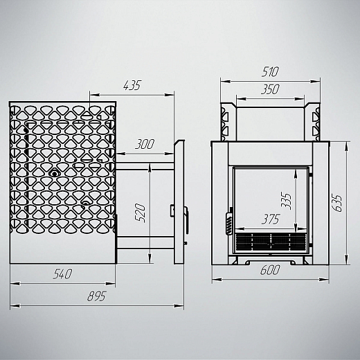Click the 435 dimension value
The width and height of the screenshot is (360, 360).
pyautogui.click(x=132, y=86)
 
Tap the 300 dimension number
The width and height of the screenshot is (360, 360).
pyautogui.click(x=145, y=144)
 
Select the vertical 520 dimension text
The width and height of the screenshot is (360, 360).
pyautogui.click(x=141, y=213)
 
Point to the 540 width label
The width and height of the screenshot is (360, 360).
pyautogui.click(x=62, y=274)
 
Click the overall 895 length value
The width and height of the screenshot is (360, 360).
pyautogui.click(x=97, y=296)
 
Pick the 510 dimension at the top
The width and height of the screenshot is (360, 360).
pyautogui.click(x=270, y=72)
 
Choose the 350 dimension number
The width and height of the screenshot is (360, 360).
pyautogui.click(x=270, y=89)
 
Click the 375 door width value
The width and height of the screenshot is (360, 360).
pyautogui.click(x=271, y=219)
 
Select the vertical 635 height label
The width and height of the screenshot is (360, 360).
pyautogui.click(x=338, y=204)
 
